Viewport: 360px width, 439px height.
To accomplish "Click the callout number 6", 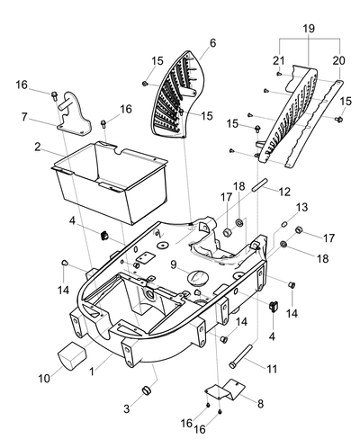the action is point(212,43).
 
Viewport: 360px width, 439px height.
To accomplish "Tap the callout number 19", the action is point(309,29).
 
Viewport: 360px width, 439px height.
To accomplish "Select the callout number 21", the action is point(279,60).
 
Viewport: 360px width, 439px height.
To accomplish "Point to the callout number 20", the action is point(339,60).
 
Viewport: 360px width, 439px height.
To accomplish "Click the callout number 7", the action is point(24,117).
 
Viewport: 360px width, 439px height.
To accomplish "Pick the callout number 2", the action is point(38,147).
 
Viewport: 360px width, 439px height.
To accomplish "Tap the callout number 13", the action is point(302,207).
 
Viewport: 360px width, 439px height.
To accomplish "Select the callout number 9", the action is point(174,264).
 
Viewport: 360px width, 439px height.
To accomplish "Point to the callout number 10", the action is point(44,379).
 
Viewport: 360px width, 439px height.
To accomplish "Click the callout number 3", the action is point(127,408).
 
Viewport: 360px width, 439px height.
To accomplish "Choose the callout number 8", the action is point(260,404).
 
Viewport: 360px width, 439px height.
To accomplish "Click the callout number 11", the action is point(272,369).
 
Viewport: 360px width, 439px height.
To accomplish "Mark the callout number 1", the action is point(92,372).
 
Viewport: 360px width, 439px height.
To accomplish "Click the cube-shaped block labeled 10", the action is point(72,355).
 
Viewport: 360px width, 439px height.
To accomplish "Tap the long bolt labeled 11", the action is point(240,356).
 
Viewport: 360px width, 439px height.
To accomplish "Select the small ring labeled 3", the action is point(146,391).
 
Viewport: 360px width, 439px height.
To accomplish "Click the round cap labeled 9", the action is point(197,276).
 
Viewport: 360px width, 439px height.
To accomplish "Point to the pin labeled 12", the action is point(259,184).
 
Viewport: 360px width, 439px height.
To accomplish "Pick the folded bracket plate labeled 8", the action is point(225,390).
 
